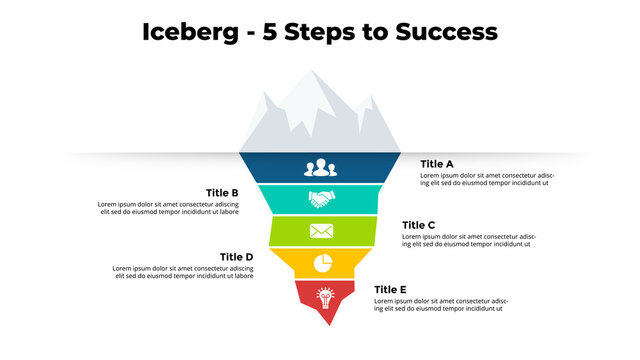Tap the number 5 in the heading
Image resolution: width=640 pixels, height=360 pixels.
click(272, 32)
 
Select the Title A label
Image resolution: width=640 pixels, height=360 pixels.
click(437, 164)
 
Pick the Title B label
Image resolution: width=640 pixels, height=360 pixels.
click(222, 193)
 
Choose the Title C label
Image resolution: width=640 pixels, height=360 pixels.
click(418, 226)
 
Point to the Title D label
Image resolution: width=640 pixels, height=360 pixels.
click(236, 257)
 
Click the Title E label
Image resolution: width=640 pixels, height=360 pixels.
click(390, 290)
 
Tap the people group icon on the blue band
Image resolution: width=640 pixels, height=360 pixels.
click(320, 167)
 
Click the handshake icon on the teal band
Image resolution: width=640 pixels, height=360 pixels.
click(320, 199)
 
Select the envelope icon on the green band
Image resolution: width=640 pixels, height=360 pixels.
click(320, 231)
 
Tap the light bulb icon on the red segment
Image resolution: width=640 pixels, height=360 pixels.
click(324, 296)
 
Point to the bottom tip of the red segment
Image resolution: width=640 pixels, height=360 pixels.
click(329, 322)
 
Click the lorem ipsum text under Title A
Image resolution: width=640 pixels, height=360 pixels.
click(486, 180)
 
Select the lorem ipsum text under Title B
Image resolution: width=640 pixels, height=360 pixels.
click(168, 208)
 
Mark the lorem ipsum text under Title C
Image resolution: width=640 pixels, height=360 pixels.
click(468, 241)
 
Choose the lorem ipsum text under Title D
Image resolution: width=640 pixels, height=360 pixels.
click(182, 272)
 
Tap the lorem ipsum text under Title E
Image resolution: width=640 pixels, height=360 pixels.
click(441, 304)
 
